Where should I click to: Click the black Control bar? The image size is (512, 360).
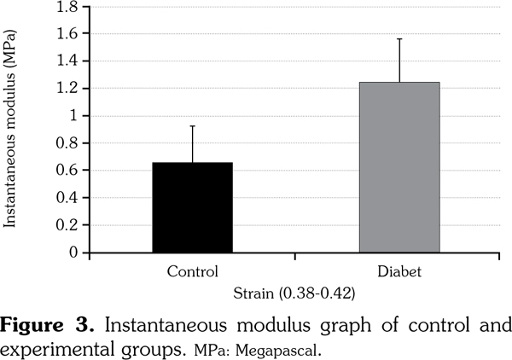point(192,207)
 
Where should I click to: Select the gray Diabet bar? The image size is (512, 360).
point(399,167)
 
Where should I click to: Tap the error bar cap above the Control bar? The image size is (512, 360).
point(192,126)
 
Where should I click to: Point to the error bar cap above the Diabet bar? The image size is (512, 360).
point(399,39)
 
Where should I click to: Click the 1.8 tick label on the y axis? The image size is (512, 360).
point(67,7)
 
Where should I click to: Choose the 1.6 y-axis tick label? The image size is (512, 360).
point(67,34)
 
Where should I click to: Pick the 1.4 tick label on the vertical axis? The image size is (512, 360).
point(67,61)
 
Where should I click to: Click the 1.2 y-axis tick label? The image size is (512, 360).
point(67,89)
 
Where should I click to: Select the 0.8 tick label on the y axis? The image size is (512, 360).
point(67,143)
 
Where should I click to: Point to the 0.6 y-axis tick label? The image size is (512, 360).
point(67,171)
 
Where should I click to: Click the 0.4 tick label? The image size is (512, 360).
point(67,198)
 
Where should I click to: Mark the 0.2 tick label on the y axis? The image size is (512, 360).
point(67,225)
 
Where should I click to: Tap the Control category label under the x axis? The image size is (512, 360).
point(192,272)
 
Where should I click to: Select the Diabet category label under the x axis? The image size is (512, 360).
point(399,272)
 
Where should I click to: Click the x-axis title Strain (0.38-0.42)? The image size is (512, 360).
point(294,293)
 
